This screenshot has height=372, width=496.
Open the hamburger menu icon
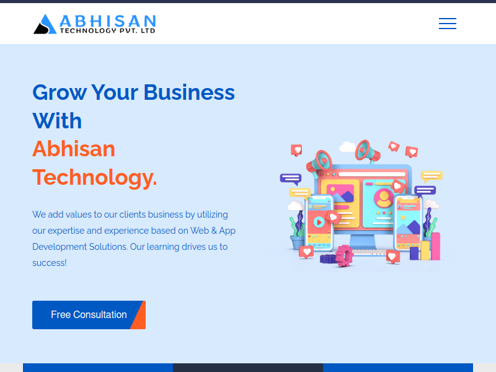[x=447, y=24]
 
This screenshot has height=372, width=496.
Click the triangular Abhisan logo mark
[x=45, y=24]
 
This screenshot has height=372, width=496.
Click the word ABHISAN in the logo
[x=108, y=21]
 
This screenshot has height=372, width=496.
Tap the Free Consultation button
[x=89, y=315]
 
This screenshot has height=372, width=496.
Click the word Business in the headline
[x=189, y=92]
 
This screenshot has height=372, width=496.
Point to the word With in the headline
[x=57, y=121]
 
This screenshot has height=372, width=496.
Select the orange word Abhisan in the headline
[x=74, y=149]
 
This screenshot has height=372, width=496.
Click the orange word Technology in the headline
[x=94, y=177]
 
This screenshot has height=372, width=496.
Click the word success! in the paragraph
[x=50, y=263]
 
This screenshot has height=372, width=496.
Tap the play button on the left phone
[x=319, y=223]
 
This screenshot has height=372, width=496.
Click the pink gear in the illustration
[x=344, y=255]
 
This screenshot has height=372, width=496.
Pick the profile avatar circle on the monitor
[x=384, y=198]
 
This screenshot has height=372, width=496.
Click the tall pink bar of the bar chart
[x=436, y=246]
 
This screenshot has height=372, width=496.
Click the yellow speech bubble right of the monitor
[x=431, y=176]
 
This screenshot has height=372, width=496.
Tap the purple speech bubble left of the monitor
[x=291, y=179]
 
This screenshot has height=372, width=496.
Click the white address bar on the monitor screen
[x=372, y=174]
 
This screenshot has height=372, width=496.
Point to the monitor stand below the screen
[x=363, y=242]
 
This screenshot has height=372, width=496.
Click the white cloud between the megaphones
[x=347, y=146]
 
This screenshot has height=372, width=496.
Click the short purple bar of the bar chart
[x=414, y=254]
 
